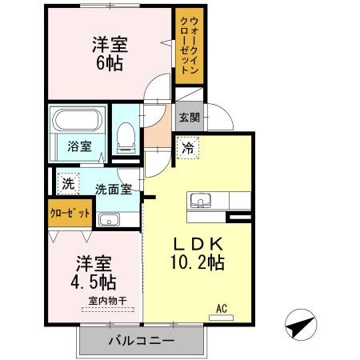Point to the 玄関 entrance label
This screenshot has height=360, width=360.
tap(190, 118)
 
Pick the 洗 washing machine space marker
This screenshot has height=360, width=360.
tap(68, 183)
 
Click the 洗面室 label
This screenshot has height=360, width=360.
tap(113, 190)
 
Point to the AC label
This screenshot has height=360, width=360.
tap(224, 306)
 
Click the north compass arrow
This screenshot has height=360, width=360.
tap(298, 326)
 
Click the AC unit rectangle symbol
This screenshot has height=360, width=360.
tap(224, 317)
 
